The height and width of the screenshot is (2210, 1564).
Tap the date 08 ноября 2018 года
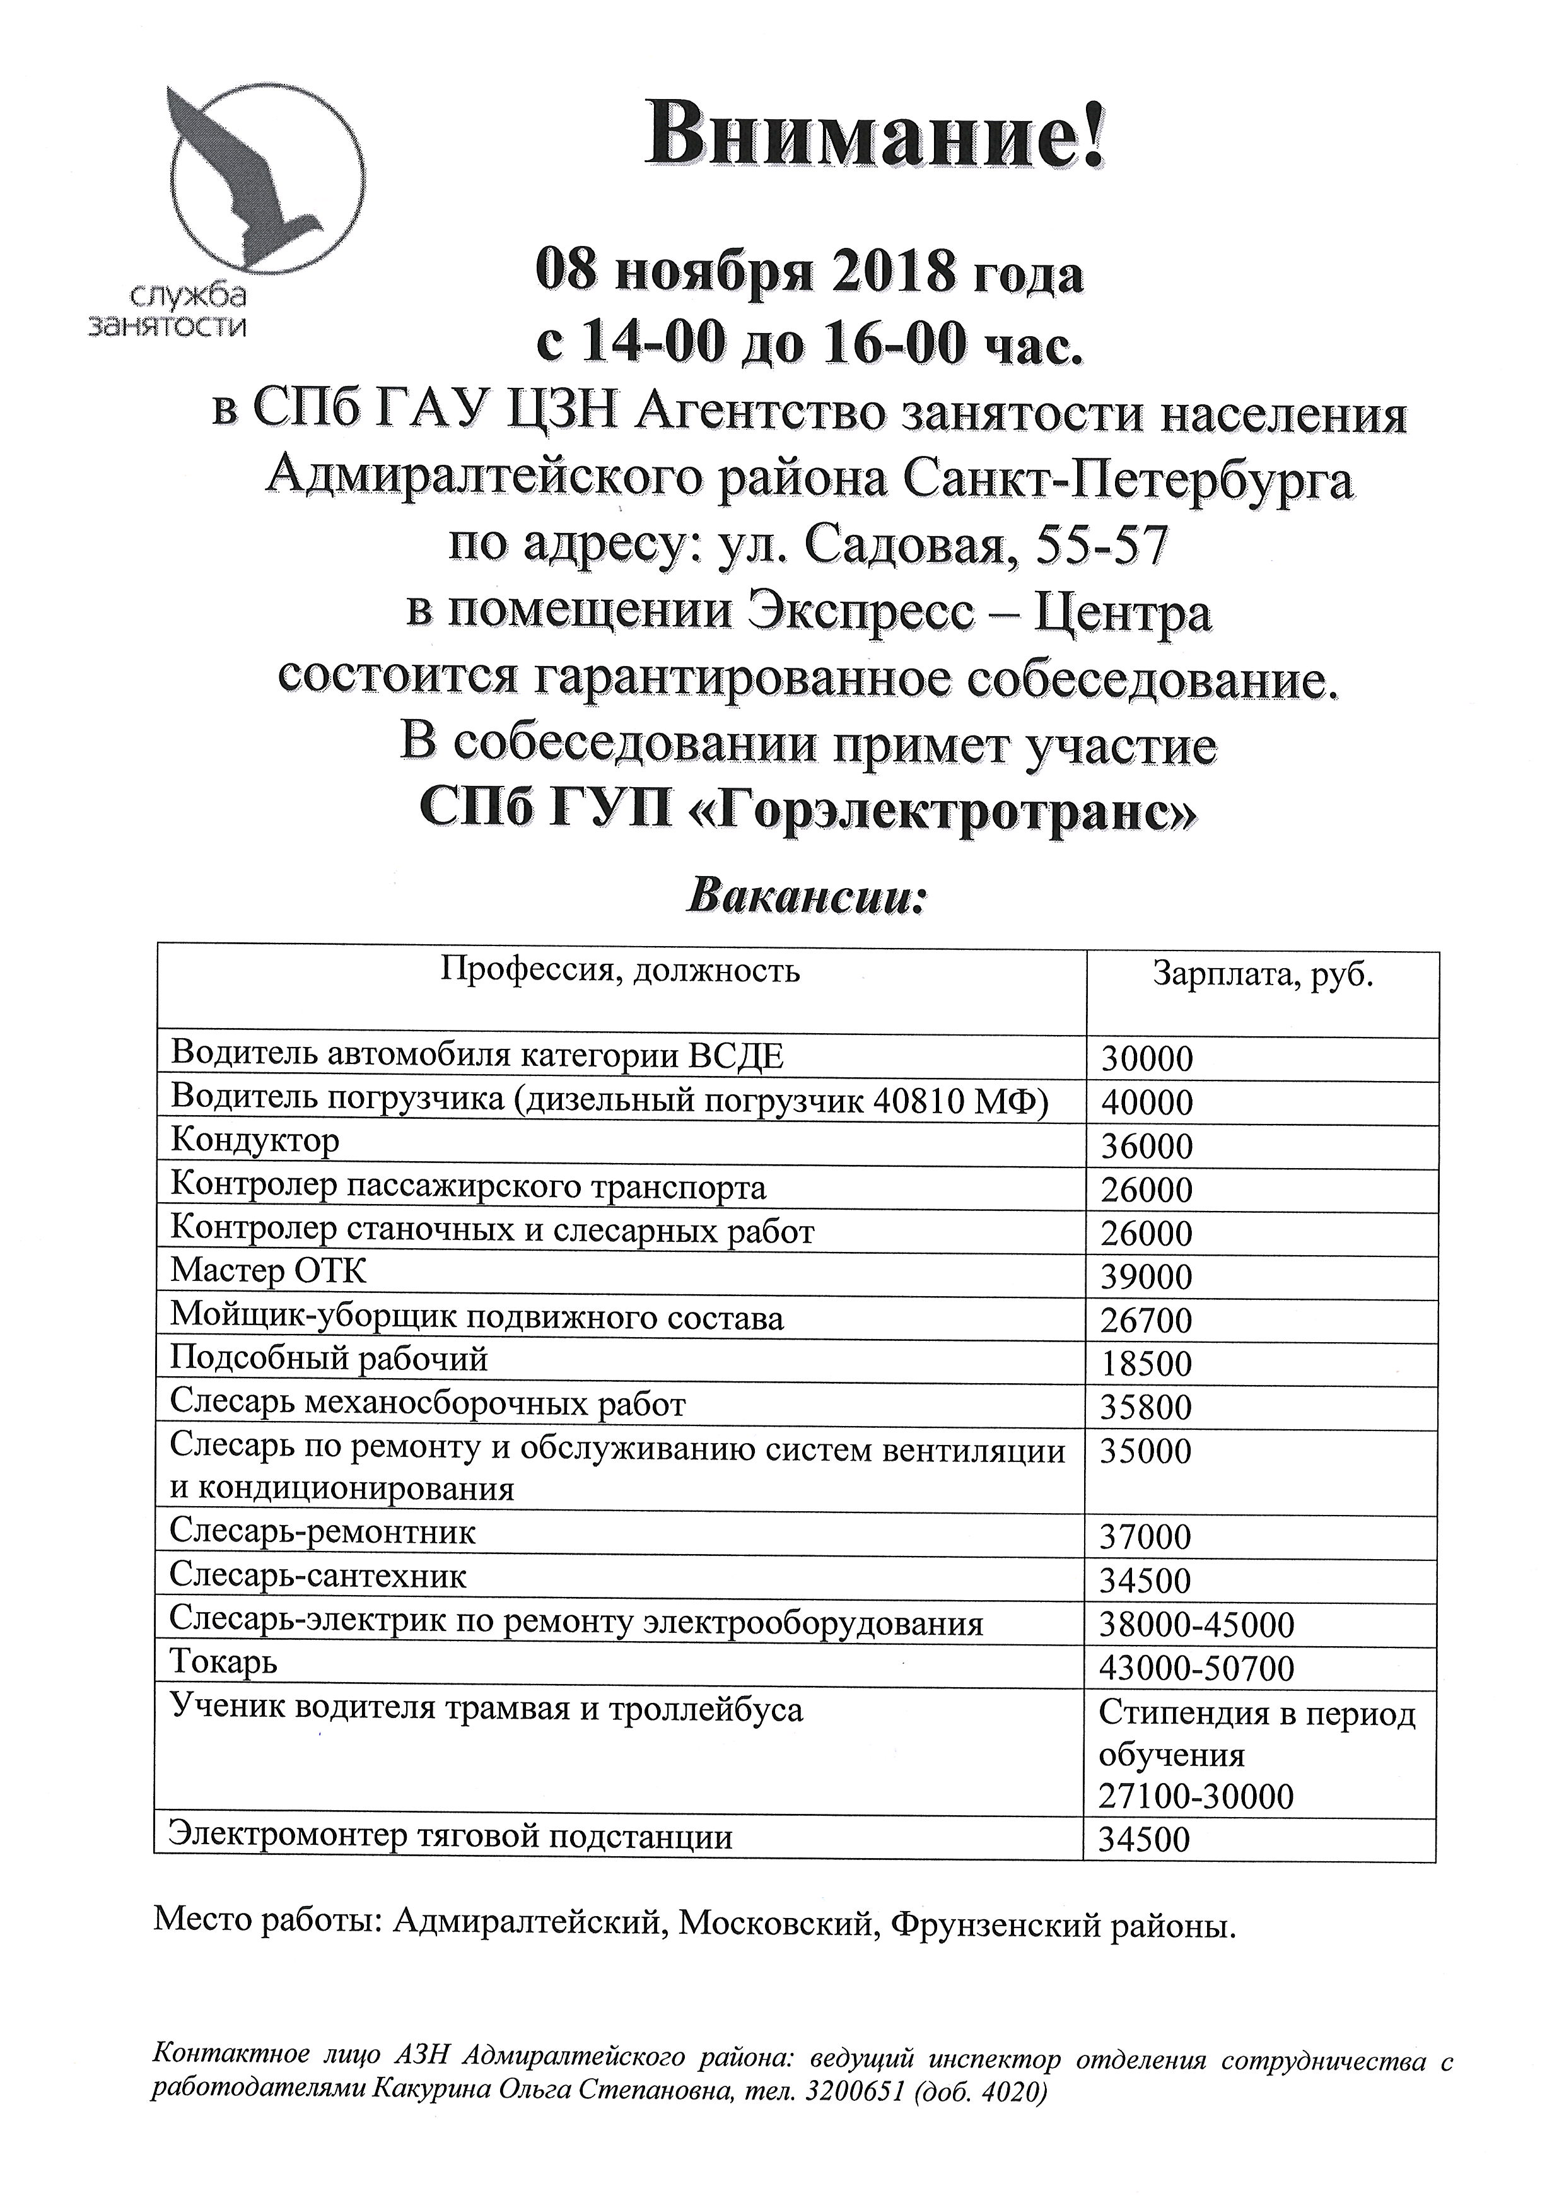[x=809, y=274]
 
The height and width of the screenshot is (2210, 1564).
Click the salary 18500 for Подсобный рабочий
[x=1146, y=1364]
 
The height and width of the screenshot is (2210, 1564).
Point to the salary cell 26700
[x=1146, y=1320]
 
